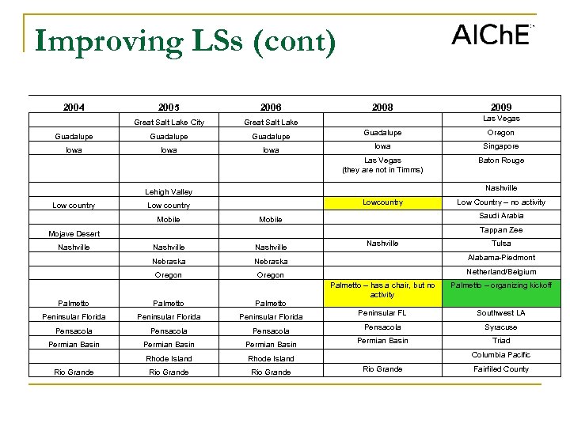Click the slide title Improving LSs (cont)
(185, 41)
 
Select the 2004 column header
(74, 107)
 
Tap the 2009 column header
(500, 107)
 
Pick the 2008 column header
(382, 107)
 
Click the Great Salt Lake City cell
(169, 122)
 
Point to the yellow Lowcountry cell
(382, 202)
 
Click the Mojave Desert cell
(74, 234)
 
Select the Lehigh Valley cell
(169, 191)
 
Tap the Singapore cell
(500, 146)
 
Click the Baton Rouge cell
(500, 161)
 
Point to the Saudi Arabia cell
(500, 216)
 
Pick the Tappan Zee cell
(500, 230)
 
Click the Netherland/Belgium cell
(500, 271)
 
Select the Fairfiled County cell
(500, 368)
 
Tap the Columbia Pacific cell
(500, 355)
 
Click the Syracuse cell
(500, 327)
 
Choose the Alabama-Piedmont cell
(500, 258)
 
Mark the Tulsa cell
(500, 244)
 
